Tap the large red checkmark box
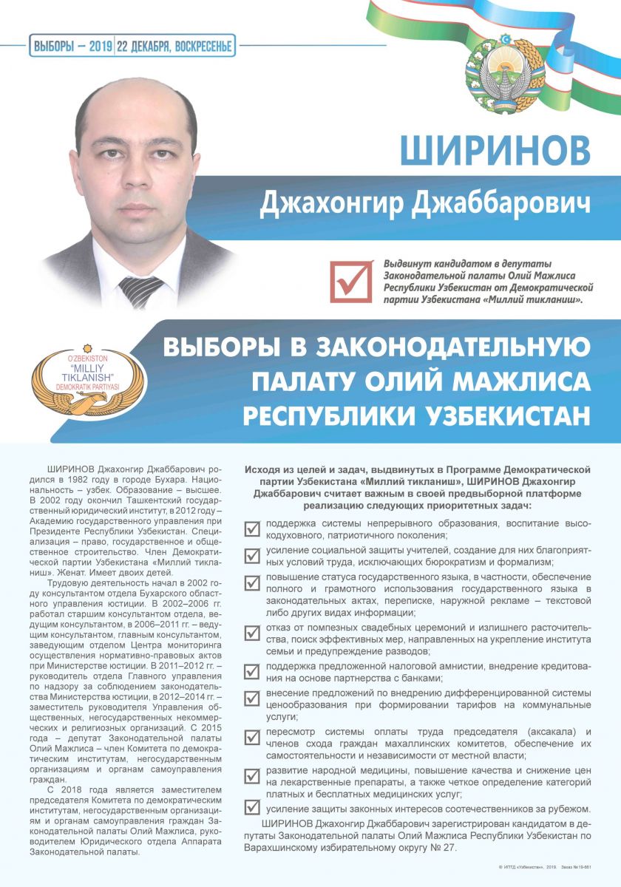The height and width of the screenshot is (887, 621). tap(350, 281)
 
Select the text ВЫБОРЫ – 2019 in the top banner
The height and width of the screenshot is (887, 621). tap(72, 47)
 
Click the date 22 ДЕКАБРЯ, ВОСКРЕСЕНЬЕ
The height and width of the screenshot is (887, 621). tap(175, 47)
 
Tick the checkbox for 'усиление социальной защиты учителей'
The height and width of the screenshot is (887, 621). tap(252, 555)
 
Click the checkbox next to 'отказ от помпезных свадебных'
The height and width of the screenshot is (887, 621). tap(252, 633)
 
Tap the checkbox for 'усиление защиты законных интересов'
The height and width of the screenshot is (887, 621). tap(252, 808)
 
